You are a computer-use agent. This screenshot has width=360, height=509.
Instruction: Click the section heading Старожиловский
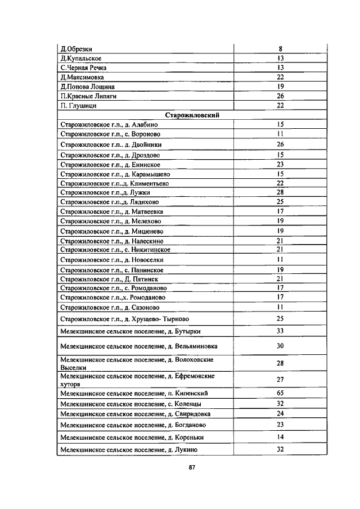[192, 115]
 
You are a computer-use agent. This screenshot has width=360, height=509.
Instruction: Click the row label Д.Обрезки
[76, 49]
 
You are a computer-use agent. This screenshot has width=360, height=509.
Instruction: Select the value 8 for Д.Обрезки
[280, 49]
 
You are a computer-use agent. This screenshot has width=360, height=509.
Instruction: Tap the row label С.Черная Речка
[83, 67]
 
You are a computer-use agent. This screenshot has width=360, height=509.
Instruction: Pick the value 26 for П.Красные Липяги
[280, 96]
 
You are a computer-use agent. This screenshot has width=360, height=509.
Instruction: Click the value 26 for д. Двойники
[280, 145]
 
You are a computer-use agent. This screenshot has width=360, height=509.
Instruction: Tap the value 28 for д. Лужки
[280, 192]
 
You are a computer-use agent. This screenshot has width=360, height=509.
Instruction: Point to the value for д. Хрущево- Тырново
[280, 319]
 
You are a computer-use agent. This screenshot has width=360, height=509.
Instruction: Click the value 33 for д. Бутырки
[280, 332]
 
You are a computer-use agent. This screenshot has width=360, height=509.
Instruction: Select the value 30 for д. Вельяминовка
[280, 346]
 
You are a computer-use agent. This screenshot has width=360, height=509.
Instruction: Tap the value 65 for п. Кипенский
[280, 393]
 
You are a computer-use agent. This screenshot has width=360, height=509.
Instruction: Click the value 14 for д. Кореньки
[280, 437]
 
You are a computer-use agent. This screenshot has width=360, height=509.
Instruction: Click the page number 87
[192, 467]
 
